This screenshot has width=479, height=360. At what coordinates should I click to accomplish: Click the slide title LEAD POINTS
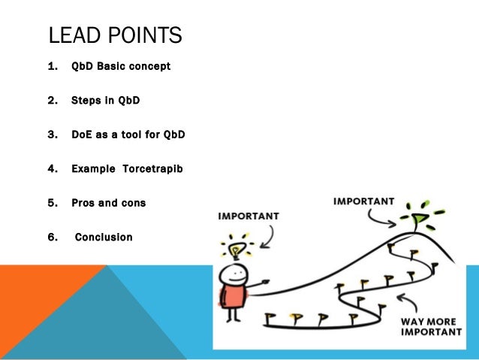115,35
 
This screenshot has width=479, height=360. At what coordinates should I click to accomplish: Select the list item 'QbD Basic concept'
120,67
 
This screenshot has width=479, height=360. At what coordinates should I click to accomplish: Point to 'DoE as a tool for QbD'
128,135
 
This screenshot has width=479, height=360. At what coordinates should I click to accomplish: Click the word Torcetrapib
153,168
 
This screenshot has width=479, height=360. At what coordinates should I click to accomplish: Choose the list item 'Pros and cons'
108,203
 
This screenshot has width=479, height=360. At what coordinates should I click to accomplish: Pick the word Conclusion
104,237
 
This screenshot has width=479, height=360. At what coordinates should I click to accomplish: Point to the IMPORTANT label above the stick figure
249,216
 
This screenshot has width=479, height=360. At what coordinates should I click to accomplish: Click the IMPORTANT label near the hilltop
363,201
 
